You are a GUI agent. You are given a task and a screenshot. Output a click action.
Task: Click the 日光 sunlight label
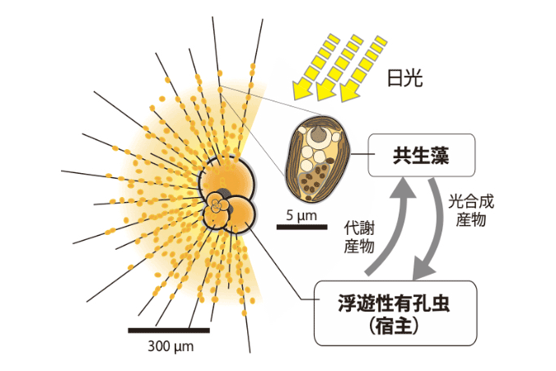tap(404, 77)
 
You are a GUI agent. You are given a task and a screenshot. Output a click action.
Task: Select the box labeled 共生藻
tap(422, 155)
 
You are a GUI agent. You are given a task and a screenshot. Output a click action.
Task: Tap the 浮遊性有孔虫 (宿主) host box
tap(395, 312)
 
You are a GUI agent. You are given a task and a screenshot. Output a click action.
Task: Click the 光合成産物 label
tap(471, 210)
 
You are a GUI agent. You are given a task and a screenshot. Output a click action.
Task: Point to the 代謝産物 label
tap(359, 237)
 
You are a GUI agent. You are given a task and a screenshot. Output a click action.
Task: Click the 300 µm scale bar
tap(169, 331)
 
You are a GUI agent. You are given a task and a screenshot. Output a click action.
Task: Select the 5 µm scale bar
tap(301, 227)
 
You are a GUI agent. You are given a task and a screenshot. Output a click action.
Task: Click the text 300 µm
tap(171, 346)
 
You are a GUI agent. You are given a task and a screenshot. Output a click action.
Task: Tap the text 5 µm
tap(301, 215)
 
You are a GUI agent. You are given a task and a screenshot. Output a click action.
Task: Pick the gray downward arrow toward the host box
tap(433, 228)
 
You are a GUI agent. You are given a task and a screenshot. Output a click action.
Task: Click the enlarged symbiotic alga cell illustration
tap(318, 158)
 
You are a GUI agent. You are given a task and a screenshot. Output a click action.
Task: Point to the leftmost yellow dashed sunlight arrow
tap(313, 67)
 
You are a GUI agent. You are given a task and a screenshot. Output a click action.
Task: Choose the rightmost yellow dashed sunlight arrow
tap(362, 68)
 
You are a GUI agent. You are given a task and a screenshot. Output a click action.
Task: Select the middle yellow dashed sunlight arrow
tap(339, 68)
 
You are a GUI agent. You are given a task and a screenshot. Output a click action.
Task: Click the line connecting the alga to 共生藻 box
tap(360, 154)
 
